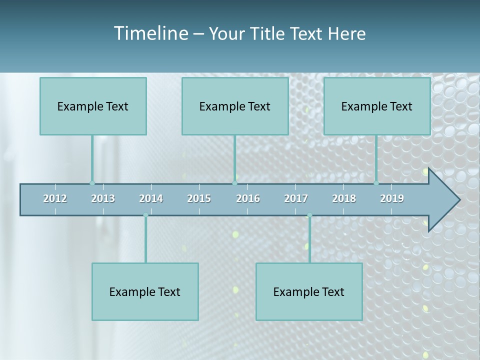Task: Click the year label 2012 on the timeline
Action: pos(55,198)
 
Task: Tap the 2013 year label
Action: pos(103,198)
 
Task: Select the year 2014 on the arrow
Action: pos(151,198)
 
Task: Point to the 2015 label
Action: pos(199,198)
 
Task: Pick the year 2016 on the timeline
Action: pos(248,198)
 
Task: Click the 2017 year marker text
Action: pos(296,198)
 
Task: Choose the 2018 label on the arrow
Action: pos(344,198)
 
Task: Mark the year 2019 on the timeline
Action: pos(392,198)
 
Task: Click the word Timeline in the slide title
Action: pos(150,33)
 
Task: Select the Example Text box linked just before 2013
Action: pos(93,106)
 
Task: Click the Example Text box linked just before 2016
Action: pos(235,106)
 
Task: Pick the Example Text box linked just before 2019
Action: pos(377,106)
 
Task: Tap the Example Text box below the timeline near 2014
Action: pos(145,291)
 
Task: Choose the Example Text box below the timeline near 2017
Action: pos(309,291)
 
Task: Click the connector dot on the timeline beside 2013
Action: pos(92,183)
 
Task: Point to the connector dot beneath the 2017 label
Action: pos(309,215)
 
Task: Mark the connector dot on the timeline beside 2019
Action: pos(376,183)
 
